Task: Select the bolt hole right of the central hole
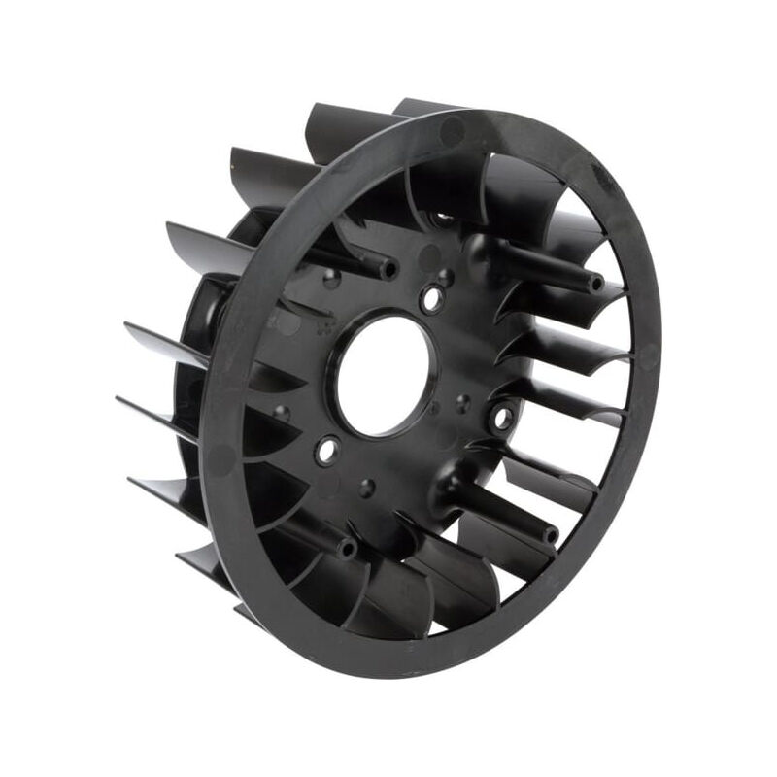(504, 419)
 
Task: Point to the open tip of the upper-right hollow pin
(593, 283)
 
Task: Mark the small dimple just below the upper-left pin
(333, 282)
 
